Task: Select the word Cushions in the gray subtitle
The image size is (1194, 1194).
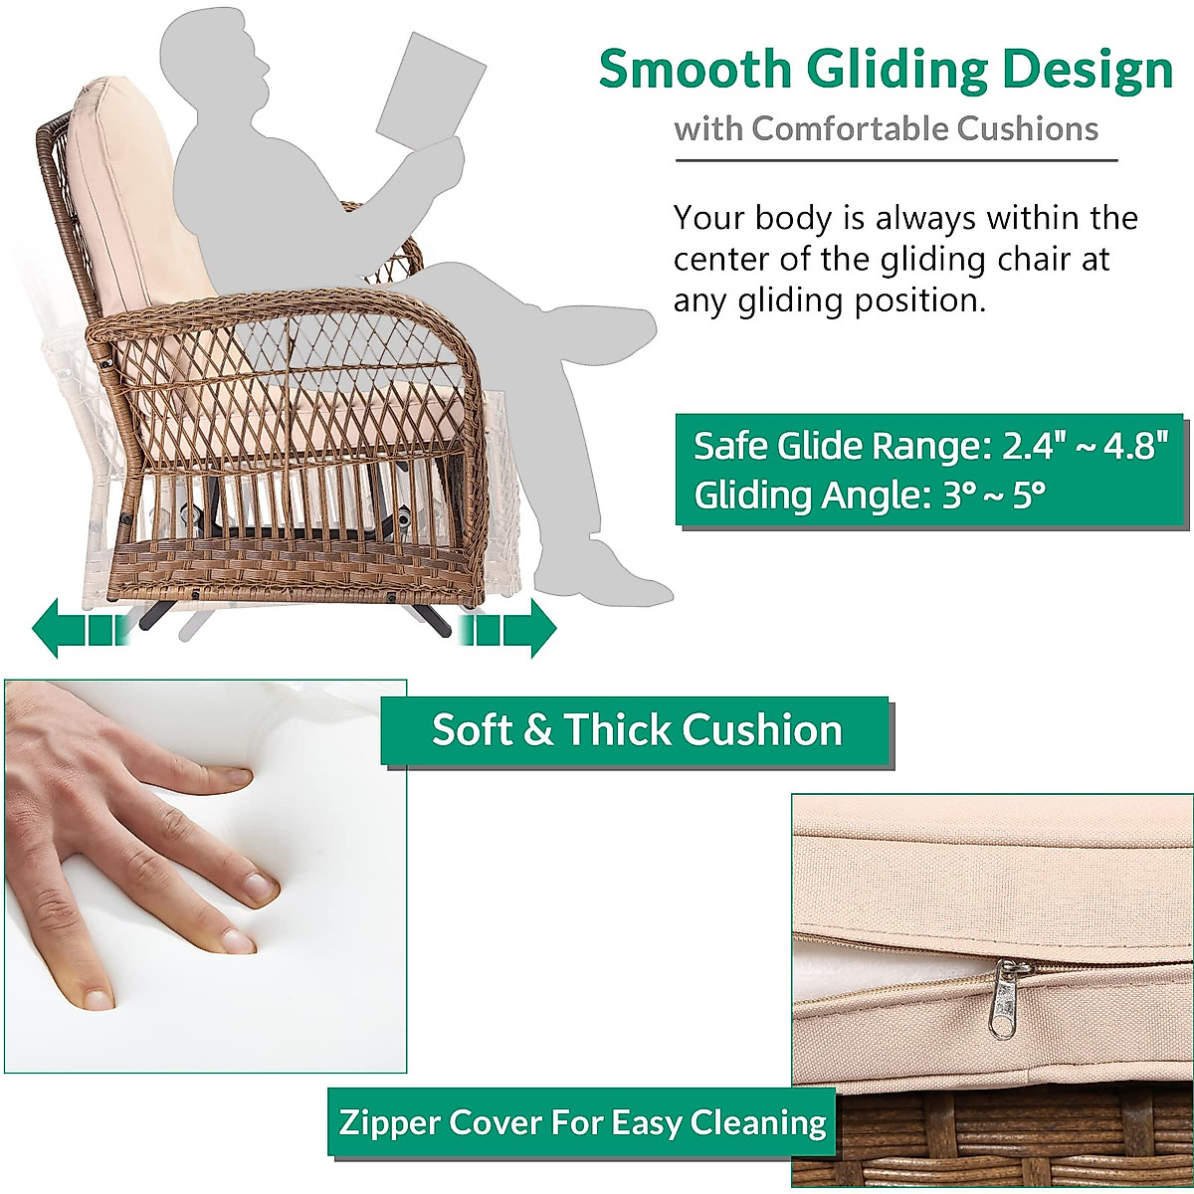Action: [x=1027, y=129]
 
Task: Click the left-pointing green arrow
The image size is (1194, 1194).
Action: [x=81, y=628]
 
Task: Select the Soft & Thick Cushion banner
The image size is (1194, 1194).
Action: [x=638, y=731]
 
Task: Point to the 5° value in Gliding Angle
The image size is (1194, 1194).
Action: [x=1029, y=496]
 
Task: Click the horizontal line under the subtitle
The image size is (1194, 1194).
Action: [x=895, y=160]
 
